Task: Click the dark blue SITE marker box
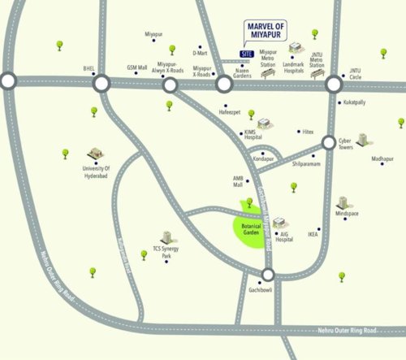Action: (247, 54)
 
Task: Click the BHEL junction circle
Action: (101, 83)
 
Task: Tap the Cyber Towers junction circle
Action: (328, 143)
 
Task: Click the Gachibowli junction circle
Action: (268, 275)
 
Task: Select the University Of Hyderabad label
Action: (96, 173)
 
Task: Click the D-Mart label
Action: (201, 53)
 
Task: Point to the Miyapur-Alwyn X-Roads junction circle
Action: (170, 85)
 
